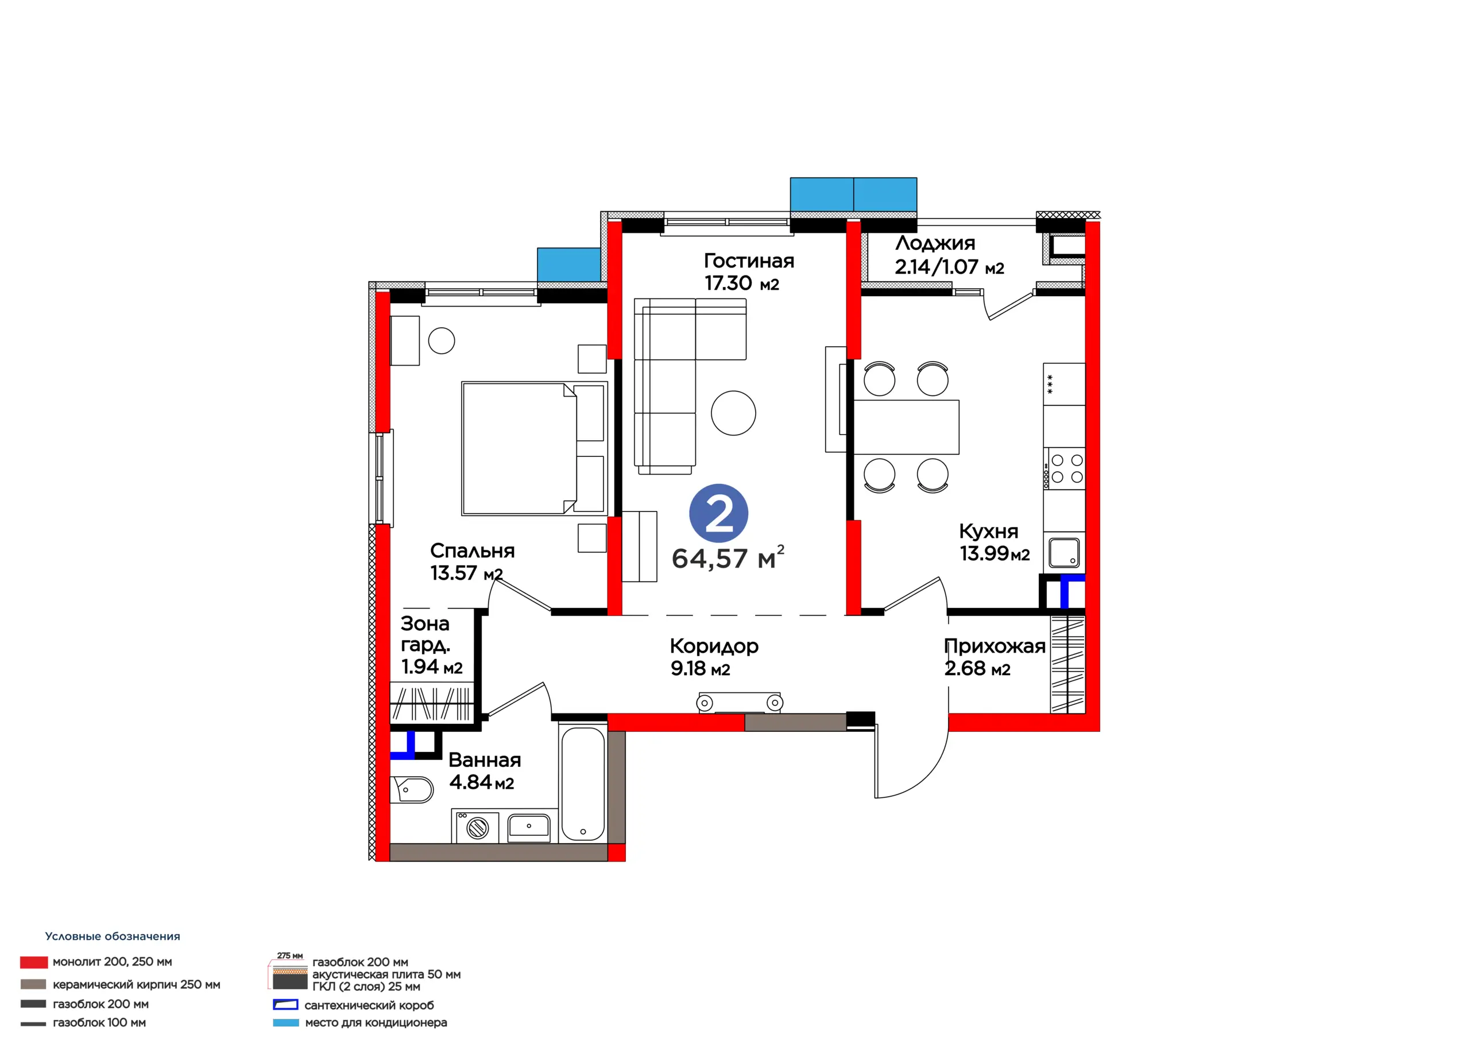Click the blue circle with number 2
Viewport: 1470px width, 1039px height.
718,513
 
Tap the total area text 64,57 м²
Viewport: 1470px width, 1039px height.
728,557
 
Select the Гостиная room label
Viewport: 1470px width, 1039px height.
749,261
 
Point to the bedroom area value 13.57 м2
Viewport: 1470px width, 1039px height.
467,573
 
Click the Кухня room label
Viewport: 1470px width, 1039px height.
989,531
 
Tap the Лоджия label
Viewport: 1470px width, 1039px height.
935,243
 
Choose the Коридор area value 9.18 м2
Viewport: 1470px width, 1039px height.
701,668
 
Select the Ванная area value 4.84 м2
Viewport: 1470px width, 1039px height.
481,782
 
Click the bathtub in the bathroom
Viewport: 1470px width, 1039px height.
583,784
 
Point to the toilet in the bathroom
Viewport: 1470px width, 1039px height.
411,789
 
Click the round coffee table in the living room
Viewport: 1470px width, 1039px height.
733,413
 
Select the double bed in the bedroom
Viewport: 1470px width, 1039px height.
534,449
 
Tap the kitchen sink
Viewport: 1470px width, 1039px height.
1063,552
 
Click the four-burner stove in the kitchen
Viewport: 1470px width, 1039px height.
1064,468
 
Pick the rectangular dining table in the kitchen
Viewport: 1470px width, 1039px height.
906,427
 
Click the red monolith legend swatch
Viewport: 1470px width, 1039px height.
34,962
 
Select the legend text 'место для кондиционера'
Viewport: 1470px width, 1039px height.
376,1022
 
